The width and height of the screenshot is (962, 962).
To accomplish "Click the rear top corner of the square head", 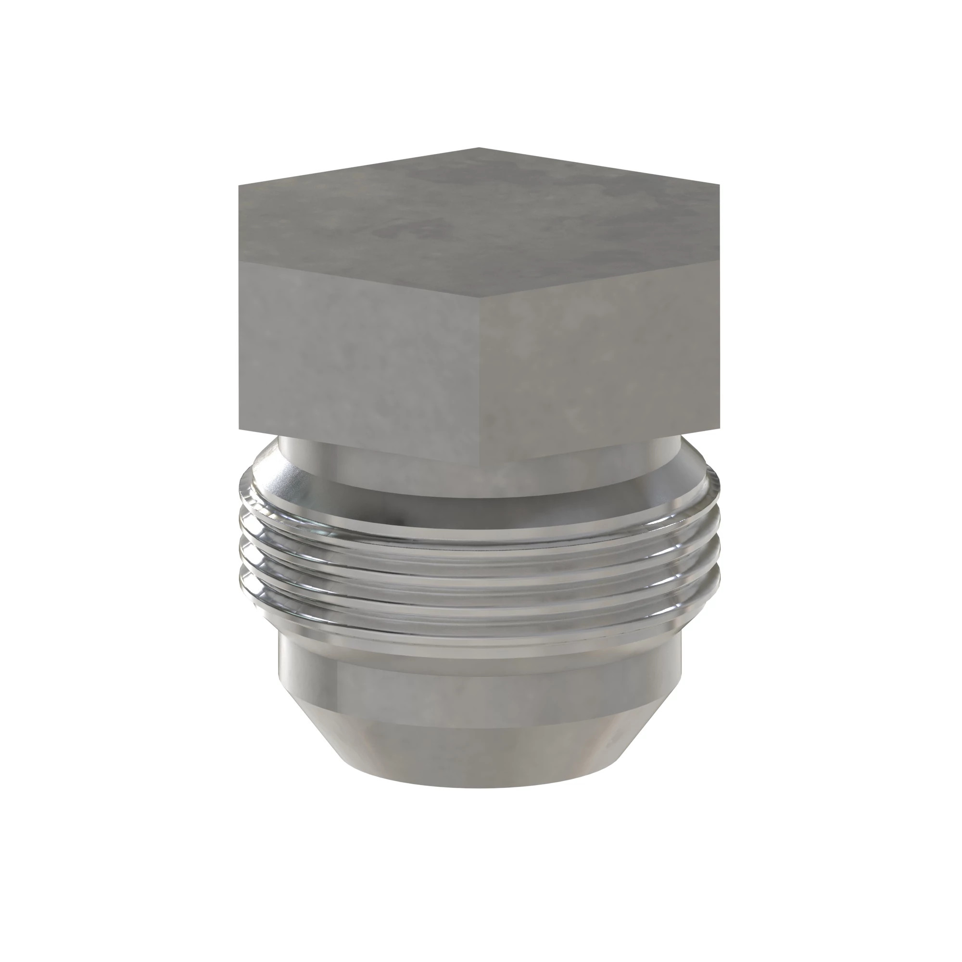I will pos(479,148).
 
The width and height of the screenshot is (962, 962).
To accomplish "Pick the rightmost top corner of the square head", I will pos(720,184).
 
